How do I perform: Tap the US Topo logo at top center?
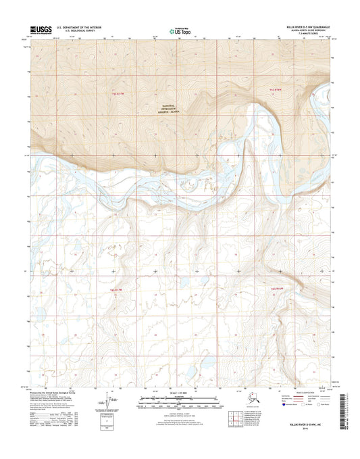tap(179, 30)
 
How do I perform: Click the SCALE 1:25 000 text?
tap(180, 395)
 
